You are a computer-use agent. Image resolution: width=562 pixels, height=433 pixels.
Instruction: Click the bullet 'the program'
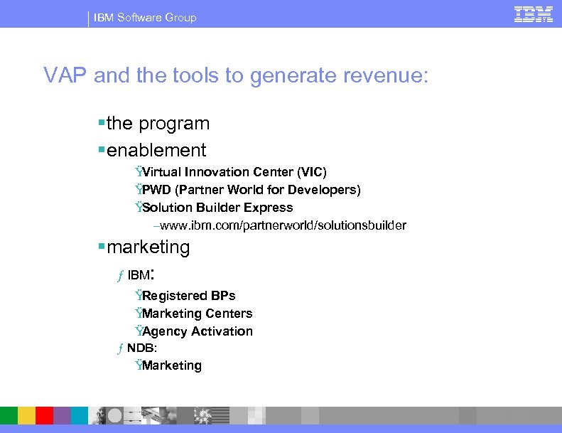tap(158, 123)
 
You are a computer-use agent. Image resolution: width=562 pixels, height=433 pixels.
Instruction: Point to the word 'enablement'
tap(156, 150)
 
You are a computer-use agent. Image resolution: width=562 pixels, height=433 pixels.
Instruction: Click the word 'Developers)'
tap(328, 190)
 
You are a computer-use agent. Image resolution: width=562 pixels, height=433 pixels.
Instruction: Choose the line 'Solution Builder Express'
tap(217, 208)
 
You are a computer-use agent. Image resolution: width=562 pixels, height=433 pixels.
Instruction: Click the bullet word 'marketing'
tap(148, 247)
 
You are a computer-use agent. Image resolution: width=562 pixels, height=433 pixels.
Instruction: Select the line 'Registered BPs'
tap(188, 296)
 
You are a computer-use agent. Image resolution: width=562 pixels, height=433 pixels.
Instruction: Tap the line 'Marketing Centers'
tap(197, 314)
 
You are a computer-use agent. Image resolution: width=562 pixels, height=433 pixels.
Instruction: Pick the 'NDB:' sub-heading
tap(142, 348)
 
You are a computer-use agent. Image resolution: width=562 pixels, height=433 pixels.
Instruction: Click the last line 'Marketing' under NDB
tap(171, 365)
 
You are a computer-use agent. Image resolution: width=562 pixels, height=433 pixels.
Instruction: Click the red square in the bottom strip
tap(44, 415)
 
